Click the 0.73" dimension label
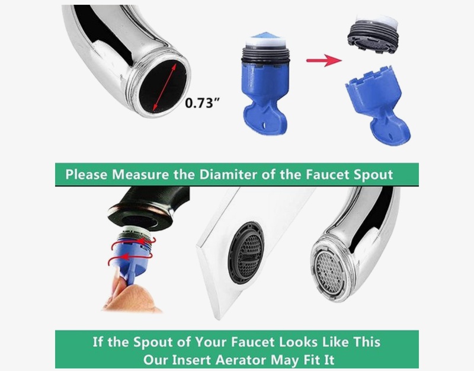click(201, 103)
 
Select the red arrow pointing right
click(324, 60)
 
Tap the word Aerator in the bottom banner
click(241, 360)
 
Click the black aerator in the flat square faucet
click(246, 253)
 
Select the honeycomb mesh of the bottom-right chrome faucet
click(329, 273)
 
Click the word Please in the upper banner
click(87, 174)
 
